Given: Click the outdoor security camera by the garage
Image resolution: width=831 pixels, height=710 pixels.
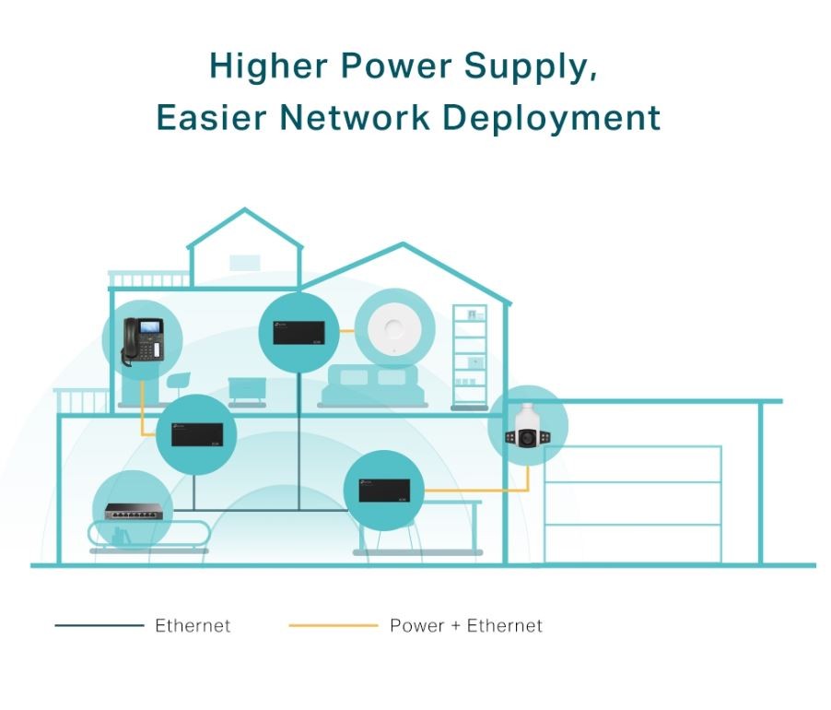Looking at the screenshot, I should click(x=527, y=425).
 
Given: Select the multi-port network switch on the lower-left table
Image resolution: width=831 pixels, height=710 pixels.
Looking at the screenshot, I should click(x=132, y=509).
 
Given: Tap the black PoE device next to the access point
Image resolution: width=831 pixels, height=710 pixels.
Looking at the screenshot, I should click(x=300, y=332).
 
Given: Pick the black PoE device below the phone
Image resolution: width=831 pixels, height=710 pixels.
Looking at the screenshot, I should click(x=196, y=433).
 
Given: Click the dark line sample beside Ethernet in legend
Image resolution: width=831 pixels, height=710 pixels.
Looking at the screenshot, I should click(x=99, y=625).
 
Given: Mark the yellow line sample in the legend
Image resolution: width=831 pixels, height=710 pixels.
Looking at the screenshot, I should click(x=333, y=625).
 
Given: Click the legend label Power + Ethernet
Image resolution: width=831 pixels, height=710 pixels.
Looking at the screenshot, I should click(x=466, y=625).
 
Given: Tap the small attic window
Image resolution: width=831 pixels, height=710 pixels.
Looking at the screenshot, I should click(x=244, y=262).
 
